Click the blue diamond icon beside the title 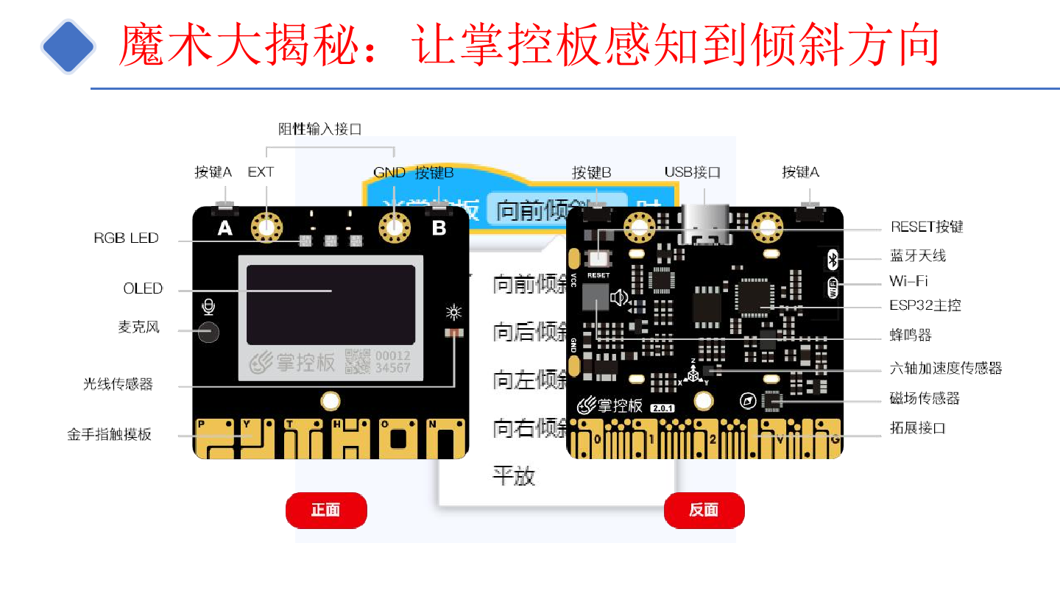point(68,46)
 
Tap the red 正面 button point(325,510)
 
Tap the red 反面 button point(704,510)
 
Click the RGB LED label point(126,238)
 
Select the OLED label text point(143,288)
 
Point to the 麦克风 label point(138,327)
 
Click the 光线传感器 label point(118,384)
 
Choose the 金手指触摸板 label point(109,434)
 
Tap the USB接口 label point(692,172)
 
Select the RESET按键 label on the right point(927,227)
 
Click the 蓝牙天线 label point(918,256)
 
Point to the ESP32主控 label point(925,305)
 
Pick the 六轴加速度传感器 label point(946,368)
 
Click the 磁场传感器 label point(925,398)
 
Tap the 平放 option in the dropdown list point(514,476)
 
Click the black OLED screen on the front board point(331,305)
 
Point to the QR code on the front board point(358,361)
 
